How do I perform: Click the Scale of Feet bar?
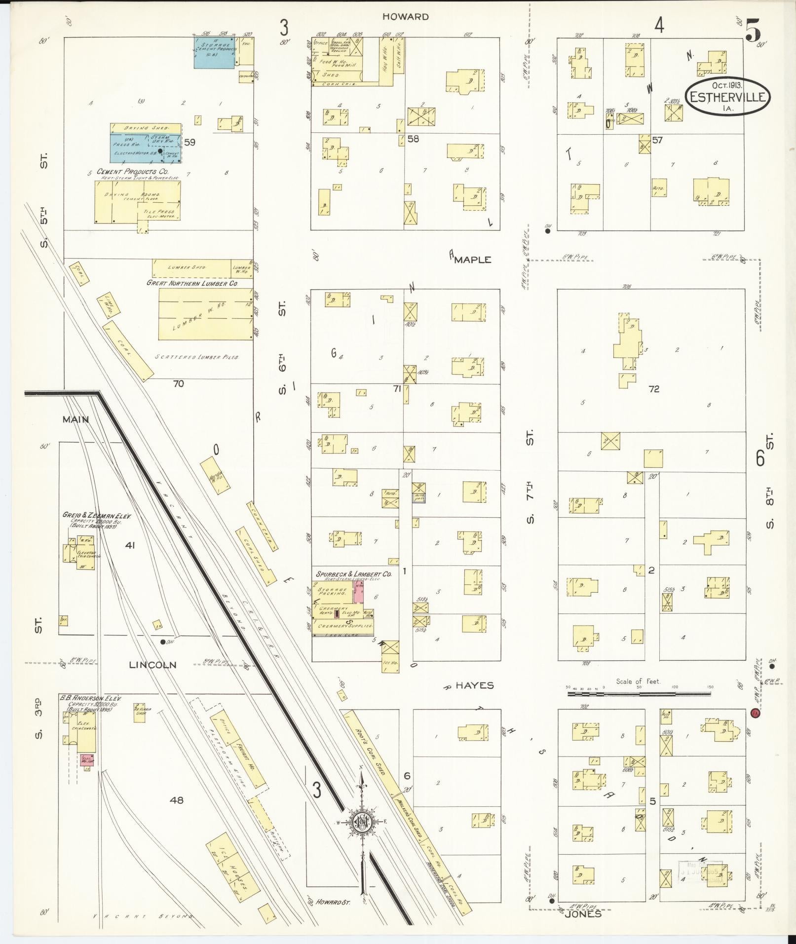coord(639,693)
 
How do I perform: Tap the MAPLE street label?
coord(472,260)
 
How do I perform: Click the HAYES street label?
coord(474,685)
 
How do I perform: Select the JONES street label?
coord(583,913)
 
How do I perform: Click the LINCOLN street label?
coord(152,665)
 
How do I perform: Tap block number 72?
coord(654,389)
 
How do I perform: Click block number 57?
coord(657,140)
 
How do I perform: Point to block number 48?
coord(176,800)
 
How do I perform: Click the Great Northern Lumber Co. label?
coord(192,284)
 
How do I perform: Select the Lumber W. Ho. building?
coord(205,314)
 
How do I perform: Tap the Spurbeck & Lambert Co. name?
coord(354,574)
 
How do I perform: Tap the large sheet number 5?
coord(753,31)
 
